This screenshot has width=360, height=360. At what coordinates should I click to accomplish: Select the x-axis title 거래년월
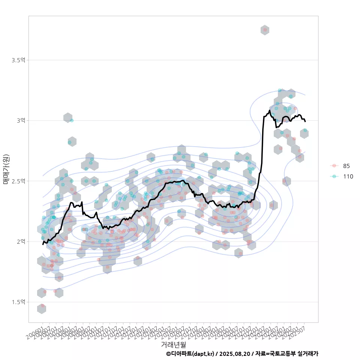click(x=173, y=344)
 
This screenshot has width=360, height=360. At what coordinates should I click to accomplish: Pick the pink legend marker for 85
click(x=333, y=166)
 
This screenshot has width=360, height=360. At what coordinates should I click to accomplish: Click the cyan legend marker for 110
click(x=333, y=176)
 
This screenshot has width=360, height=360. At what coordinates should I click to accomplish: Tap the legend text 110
click(x=348, y=176)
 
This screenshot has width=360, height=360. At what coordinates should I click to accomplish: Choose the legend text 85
click(x=346, y=166)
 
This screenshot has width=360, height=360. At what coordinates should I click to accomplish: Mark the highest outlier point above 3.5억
click(x=265, y=30)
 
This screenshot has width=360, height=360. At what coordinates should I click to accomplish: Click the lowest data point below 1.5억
click(x=42, y=306)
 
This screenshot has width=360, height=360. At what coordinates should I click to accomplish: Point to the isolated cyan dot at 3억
click(x=72, y=120)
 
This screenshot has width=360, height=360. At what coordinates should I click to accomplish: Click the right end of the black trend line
click(x=305, y=121)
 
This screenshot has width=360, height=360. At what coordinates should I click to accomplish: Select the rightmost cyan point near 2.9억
click(x=305, y=130)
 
